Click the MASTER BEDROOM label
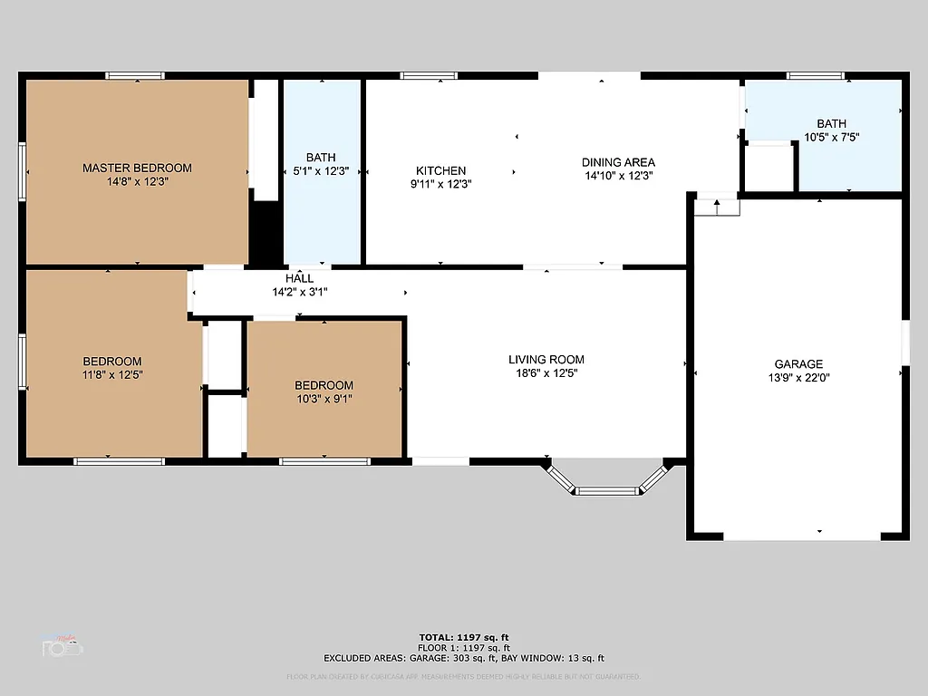point(137,168)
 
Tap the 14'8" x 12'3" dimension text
point(137,181)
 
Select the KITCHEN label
point(440,170)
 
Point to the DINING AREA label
point(618,162)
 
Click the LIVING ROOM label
point(546,360)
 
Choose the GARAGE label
point(798,364)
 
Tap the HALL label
point(300,278)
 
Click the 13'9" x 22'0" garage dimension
point(798,378)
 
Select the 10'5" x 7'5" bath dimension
point(831,138)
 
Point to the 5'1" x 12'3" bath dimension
point(321,171)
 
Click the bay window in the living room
point(608,490)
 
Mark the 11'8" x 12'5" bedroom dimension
point(112,374)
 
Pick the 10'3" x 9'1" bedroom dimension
point(324,399)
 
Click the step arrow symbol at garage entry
point(717,208)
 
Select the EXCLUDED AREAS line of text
point(463,658)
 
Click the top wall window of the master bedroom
point(135,76)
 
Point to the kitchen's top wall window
point(429,76)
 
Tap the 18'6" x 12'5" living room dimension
point(546,372)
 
